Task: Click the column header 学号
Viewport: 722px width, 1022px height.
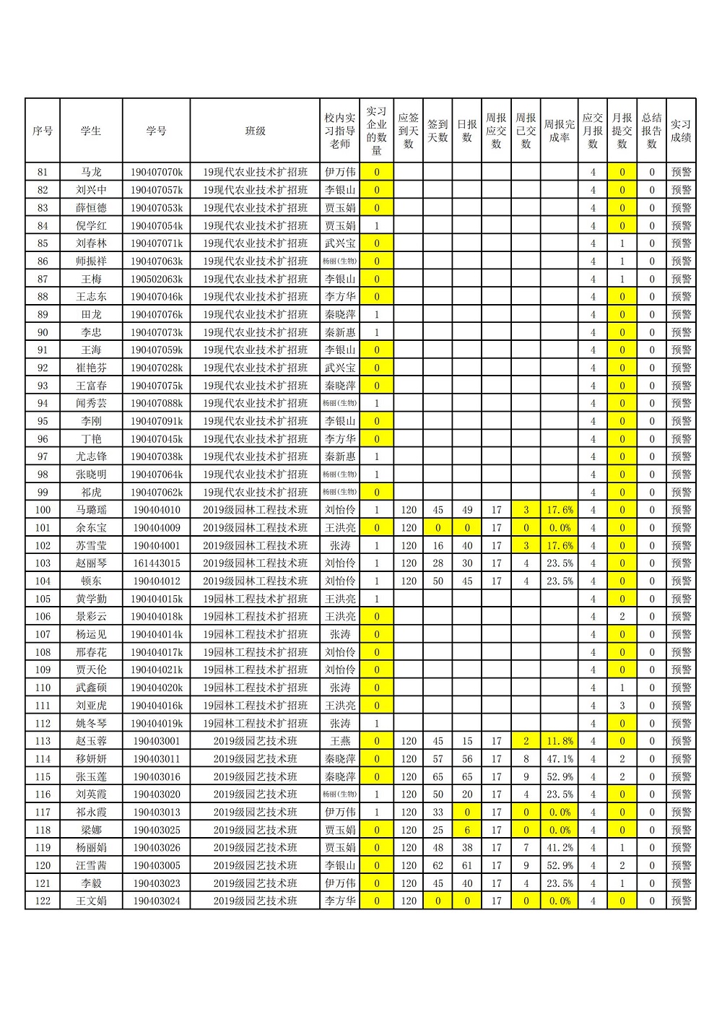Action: tap(156, 131)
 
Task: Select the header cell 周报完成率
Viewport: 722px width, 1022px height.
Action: tap(559, 131)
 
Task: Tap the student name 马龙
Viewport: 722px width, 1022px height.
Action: tap(91, 172)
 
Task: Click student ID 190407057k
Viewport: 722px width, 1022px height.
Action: tap(156, 190)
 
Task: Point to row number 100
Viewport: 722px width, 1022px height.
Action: tap(43, 510)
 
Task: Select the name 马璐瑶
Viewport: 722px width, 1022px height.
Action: tap(91, 510)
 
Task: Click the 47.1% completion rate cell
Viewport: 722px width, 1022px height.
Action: tap(559, 759)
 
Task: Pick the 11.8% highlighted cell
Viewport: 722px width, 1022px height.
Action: tap(559, 741)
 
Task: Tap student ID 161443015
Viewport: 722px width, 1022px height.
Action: tap(156, 563)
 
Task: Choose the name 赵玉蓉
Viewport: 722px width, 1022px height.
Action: tap(91, 741)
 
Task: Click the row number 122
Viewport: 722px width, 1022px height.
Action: tap(43, 901)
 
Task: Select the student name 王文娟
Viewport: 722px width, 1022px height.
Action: tap(91, 901)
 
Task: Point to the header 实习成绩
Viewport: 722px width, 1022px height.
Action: tap(680, 131)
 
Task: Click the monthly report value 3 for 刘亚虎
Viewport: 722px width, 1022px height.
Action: tap(622, 706)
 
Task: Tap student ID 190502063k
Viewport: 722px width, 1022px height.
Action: tap(156, 279)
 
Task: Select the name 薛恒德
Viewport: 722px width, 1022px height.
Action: tap(91, 208)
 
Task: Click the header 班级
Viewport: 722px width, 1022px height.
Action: tap(255, 131)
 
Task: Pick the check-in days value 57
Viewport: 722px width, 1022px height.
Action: tap(438, 759)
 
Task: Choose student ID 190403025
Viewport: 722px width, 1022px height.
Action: tap(156, 830)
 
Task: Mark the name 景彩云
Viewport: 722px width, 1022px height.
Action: tap(91, 617)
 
